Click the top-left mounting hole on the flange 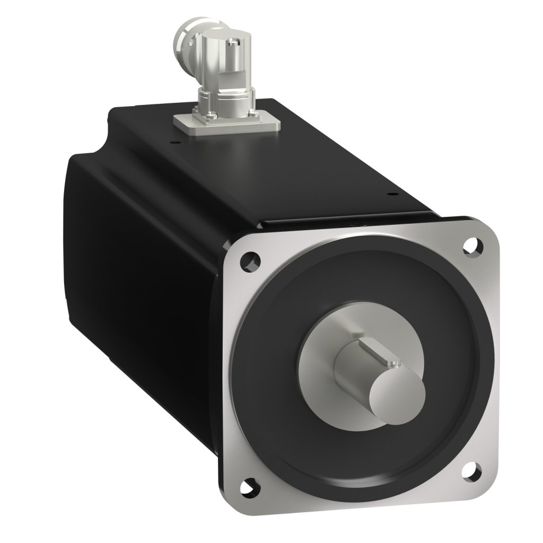coord(249,260)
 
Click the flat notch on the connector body coord(212,69)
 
